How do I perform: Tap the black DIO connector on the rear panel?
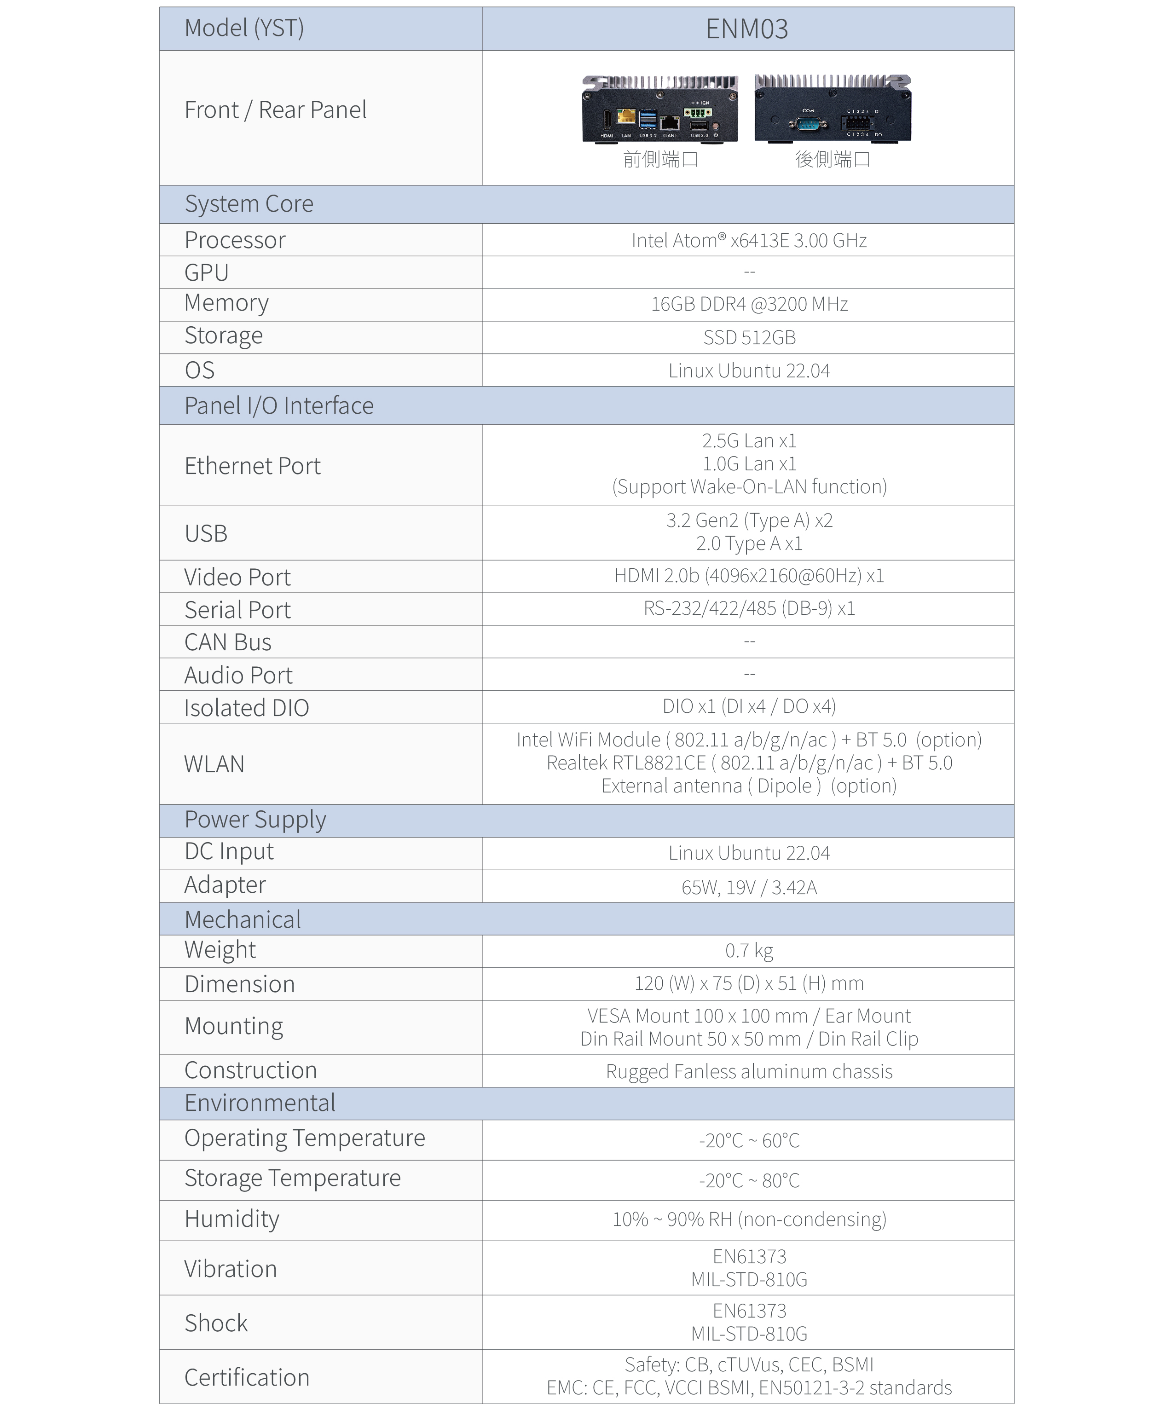pos(856,123)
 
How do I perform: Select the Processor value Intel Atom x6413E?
pos(748,240)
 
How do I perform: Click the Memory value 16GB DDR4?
pos(748,304)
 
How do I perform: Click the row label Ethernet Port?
pos(253,465)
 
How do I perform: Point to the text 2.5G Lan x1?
pos(748,441)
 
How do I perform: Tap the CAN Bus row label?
pos(228,642)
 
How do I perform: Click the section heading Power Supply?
pos(255,819)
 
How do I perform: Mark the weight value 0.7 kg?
pos(748,950)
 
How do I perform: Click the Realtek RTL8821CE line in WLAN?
pos(748,763)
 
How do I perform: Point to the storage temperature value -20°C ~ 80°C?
pos(748,1180)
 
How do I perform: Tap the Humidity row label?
pos(231,1219)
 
